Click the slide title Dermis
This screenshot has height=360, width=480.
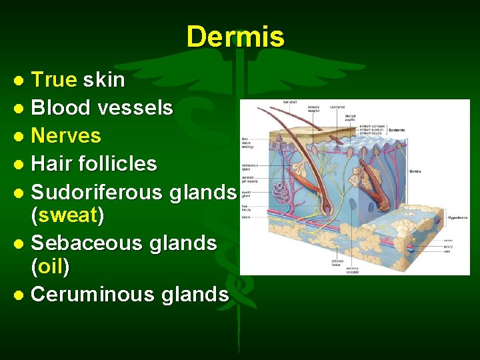point(235,37)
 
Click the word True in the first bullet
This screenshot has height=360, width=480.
point(54,80)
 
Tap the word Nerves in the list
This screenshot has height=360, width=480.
point(66,135)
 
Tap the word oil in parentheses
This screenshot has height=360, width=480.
point(50,267)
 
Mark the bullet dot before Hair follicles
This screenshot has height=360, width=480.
point(20,164)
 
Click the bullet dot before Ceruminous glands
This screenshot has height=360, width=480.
point(20,295)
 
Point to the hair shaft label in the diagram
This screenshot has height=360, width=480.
point(289,102)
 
